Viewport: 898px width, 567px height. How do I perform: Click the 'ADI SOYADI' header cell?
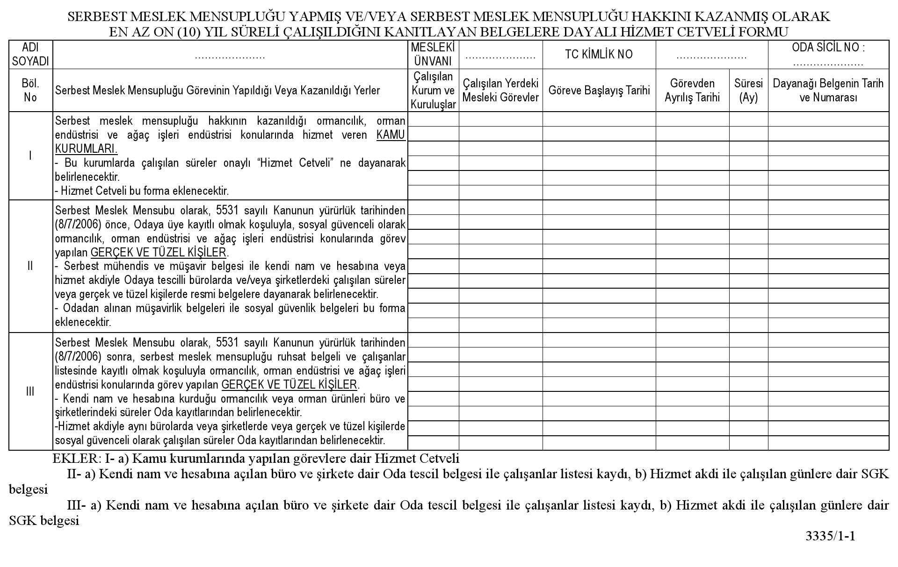30,55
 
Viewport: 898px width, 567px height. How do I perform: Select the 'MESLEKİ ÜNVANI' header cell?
433,55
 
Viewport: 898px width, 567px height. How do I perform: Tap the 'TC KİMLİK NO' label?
599,55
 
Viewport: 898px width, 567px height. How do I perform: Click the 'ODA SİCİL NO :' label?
828,48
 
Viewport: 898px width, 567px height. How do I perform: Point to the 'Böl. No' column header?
30,90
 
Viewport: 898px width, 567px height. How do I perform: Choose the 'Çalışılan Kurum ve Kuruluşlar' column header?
433,90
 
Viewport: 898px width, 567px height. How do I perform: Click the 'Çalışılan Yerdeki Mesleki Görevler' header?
500,90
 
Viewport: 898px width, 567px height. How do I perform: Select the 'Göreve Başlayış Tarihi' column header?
599,90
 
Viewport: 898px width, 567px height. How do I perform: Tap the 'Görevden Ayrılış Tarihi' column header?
692,90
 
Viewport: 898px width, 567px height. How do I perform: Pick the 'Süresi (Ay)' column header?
748,90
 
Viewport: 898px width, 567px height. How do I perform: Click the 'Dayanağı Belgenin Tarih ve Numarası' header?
828,90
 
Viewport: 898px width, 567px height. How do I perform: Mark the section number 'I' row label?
30,156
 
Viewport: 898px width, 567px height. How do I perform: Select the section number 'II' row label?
30,266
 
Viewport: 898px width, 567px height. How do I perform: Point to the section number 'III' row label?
30,391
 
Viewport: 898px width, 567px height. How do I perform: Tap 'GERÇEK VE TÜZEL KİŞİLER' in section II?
159,253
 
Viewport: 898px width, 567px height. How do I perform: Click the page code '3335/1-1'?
830,536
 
